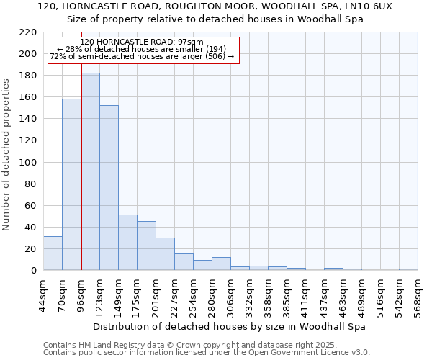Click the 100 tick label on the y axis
29,163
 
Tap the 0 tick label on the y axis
34,271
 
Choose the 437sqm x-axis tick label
325,295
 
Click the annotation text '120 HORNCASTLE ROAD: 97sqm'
142,42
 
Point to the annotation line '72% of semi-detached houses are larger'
142,57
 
